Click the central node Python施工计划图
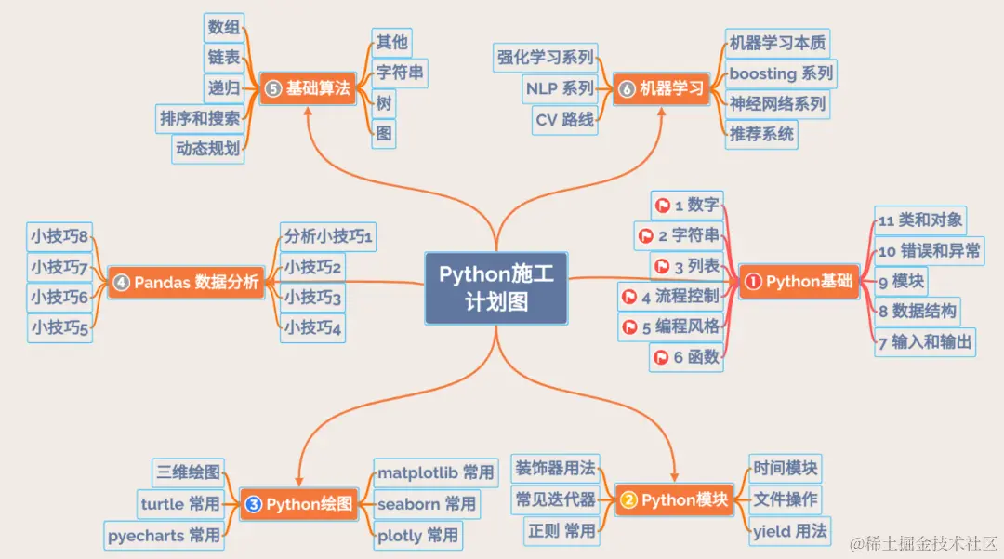click(496, 287)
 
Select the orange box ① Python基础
click(799, 282)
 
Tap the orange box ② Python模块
click(674, 499)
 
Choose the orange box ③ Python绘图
click(299, 504)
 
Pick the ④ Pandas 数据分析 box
click(186, 282)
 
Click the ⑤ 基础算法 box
click(308, 88)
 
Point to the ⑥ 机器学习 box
click(662, 88)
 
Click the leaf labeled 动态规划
click(208, 148)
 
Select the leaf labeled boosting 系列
click(780, 73)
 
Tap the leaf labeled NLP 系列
click(559, 88)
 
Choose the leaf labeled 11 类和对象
click(919, 221)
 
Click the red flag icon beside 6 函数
click(661, 355)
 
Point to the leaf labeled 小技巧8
click(59, 236)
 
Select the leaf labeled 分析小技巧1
click(328, 236)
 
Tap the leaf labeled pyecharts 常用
click(164, 535)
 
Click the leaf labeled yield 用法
click(789, 531)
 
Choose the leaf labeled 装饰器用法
click(556, 468)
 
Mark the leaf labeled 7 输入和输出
click(924, 341)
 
